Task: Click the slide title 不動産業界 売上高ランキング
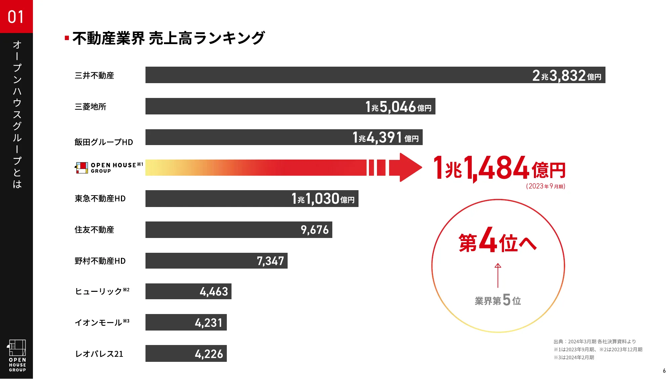click(168, 38)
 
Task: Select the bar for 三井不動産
click(336, 75)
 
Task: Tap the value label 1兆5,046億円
click(398, 107)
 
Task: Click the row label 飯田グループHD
click(103, 142)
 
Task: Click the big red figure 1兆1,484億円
click(499, 168)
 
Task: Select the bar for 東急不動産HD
click(218, 199)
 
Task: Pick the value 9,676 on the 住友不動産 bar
click(314, 230)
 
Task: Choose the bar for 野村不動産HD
click(202, 261)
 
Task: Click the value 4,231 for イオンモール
click(209, 323)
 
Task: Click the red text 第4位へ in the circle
click(498, 240)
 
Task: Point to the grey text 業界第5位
click(498, 300)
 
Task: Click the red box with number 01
click(16, 16)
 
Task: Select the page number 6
click(664, 371)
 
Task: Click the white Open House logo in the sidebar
click(17, 355)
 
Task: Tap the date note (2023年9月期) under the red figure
click(546, 186)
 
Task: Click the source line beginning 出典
click(594, 341)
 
